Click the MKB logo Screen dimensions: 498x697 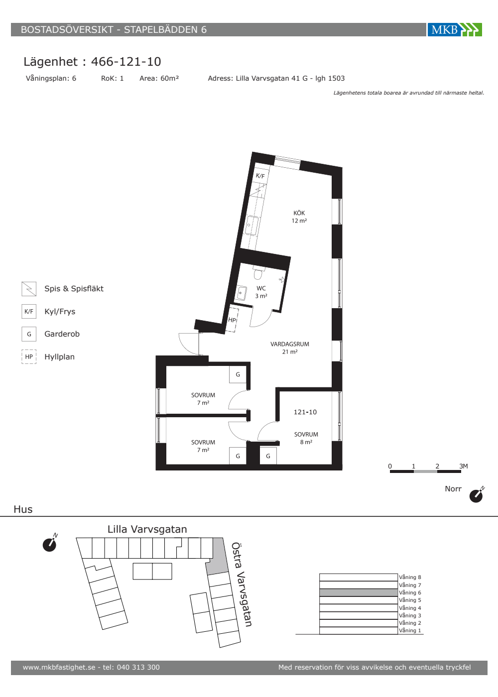[x=454, y=29]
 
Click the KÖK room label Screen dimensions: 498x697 [x=299, y=213]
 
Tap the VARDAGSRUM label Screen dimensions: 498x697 [x=290, y=344]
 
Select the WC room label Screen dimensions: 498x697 [x=261, y=288]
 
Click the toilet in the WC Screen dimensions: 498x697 [x=258, y=273]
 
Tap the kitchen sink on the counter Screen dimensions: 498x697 [x=252, y=225]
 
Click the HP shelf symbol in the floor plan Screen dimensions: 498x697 [x=233, y=319]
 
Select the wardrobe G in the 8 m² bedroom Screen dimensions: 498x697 [x=268, y=456]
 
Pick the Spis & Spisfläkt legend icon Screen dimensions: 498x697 [x=29, y=289]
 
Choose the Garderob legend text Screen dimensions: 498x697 [x=62, y=334]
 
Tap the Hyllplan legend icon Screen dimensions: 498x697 [x=29, y=356]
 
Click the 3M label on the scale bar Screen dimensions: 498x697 [x=464, y=466]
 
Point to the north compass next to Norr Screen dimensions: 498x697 [x=477, y=495]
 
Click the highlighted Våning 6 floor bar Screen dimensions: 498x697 [x=359, y=592]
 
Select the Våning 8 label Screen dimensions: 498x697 [x=410, y=577]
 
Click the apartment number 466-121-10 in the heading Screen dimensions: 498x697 [x=126, y=62]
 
